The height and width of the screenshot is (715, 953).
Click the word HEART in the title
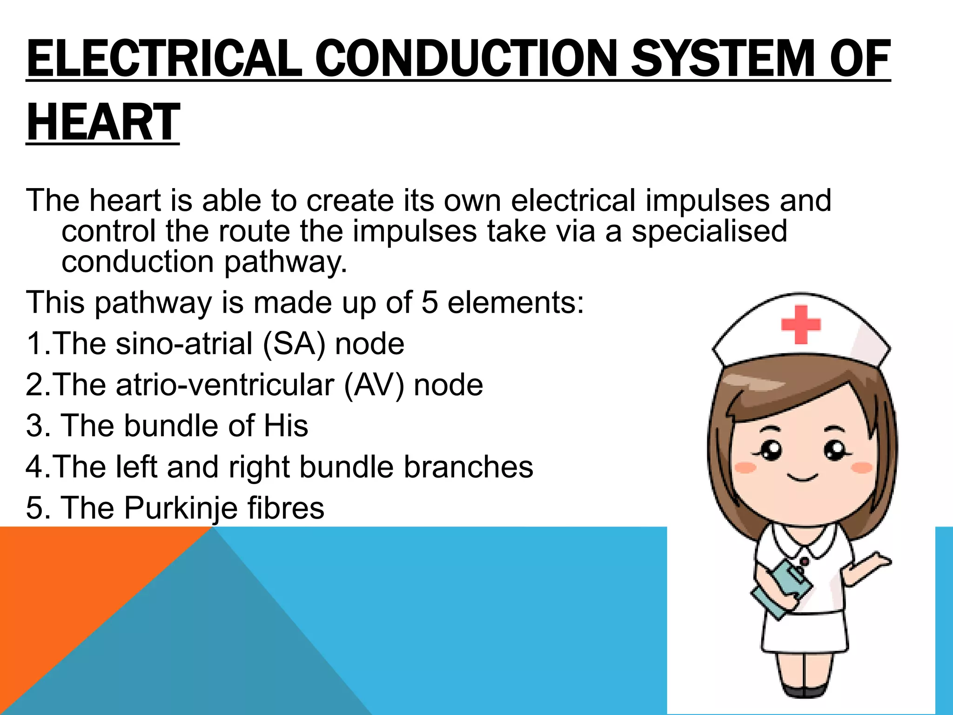pyautogui.click(x=103, y=122)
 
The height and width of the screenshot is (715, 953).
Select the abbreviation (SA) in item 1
pyautogui.click(x=294, y=344)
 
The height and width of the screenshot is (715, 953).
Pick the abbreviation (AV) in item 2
pyautogui.click(x=374, y=385)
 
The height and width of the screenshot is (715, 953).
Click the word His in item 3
pyautogui.click(x=286, y=425)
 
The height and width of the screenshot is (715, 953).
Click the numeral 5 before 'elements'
pyautogui.click(x=430, y=303)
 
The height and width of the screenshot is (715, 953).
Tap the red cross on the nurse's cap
pyautogui.click(x=800, y=324)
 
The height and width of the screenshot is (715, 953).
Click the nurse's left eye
pyautogui.click(x=770, y=450)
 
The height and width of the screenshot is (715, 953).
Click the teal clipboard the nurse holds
pyautogui.click(x=782, y=588)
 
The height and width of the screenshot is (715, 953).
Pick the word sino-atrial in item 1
pyautogui.click(x=184, y=344)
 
